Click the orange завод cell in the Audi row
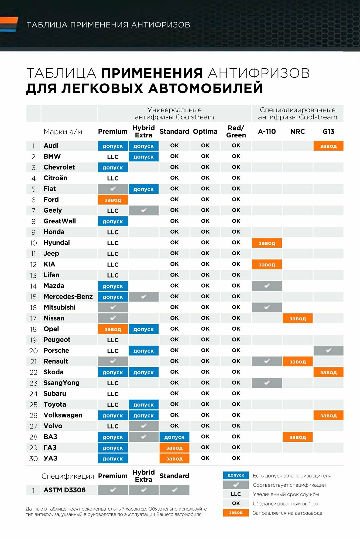pyautogui.click(x=328, y=146)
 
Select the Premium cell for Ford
pyautogui.click(x=113, y=200)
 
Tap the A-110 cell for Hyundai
pyautogui.click(x=267, y=243)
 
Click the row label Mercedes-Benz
pyautogui.click(x=68, y=296)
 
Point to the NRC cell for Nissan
pyautogui.click(x=297, y=318)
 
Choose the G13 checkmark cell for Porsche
pyautogui.click(x=328, y=351)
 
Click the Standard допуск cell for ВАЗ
pyautogui.click(x=174, y=437)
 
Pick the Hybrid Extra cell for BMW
pyautogui.click(x=143, y=157)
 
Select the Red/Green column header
pyautogui.click(x=236, y=132)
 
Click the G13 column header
pyautogui.click(x=328, y=132)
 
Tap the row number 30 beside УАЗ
pyautogui.click(x=33, y=458)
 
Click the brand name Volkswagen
pyautogui.click(x=63, y=415)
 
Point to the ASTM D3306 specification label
pyautogui.click(x=64, y=490)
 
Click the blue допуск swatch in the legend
pyautogui.click(x=236, y=475)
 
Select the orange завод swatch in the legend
pyautogui.click(x=236, y=512)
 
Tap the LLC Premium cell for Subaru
pyautogui.click(x=113, y=394)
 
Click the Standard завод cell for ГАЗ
pyautogui.click(x=174, y=448)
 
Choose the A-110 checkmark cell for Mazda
pyautogui.click(x=267, y=286)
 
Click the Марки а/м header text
pyautogui.click(x=63, y=132)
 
